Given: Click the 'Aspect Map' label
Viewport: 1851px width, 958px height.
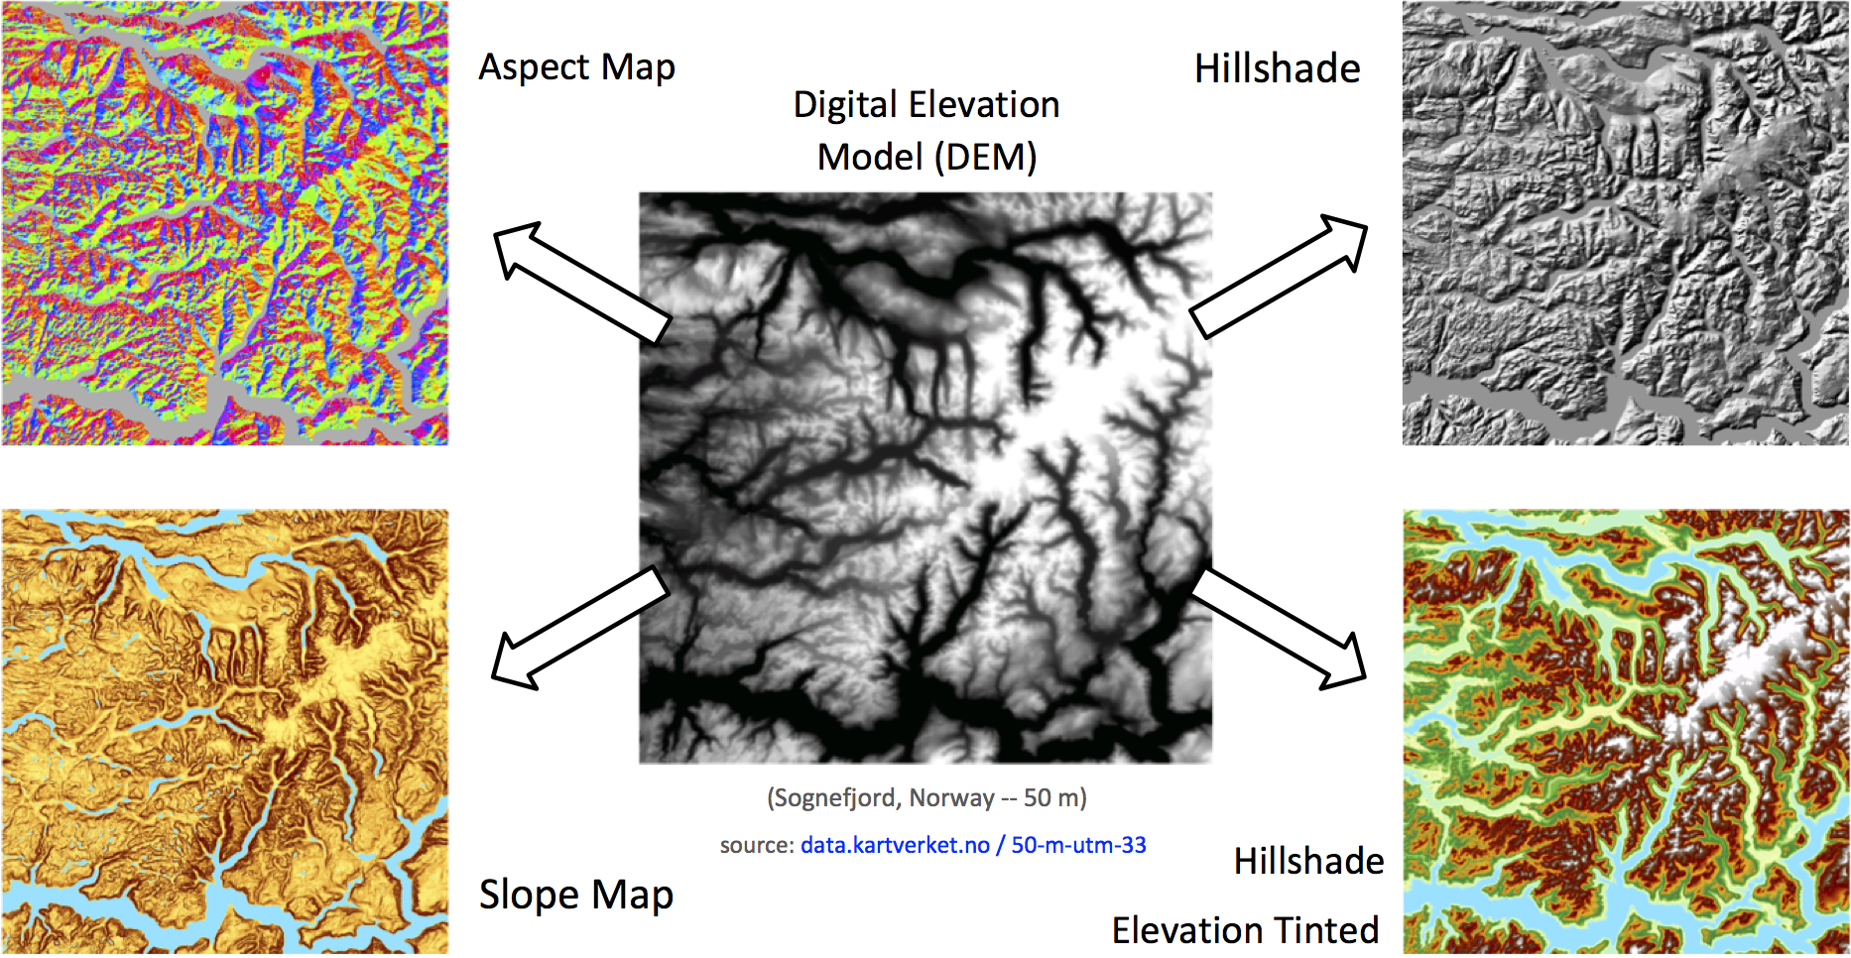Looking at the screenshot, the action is (x=576, y=67).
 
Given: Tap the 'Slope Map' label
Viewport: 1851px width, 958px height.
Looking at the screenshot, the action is (x=575, y=895).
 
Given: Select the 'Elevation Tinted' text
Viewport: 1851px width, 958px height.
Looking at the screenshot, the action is (x=1245, y=930).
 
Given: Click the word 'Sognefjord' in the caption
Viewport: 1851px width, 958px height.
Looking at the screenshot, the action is (x=836, y=798).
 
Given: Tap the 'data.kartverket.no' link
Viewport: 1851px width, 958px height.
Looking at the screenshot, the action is (x=895, y=845).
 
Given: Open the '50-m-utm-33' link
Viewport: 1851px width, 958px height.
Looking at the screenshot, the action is (x=1078, y=845).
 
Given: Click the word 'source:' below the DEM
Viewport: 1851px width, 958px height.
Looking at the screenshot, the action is (x=757, y=845).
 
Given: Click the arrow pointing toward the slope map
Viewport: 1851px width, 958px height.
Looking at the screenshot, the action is (x=581, y=629).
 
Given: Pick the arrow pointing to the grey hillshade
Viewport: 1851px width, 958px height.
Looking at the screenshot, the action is (x=1279, y=275).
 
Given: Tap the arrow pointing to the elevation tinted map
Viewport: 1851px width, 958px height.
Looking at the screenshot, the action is (x=1279, y=629).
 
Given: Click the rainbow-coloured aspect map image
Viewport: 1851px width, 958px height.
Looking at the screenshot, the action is (x=224, y=222).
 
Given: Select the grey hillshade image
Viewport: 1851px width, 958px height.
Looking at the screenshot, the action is (x=1626, y=222).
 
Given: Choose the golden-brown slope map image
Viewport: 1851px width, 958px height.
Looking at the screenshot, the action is (x=224, y=732).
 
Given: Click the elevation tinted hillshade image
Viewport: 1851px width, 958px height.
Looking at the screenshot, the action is (x=1626, y=732).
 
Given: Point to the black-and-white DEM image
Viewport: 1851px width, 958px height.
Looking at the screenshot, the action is (x=925, y=477).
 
